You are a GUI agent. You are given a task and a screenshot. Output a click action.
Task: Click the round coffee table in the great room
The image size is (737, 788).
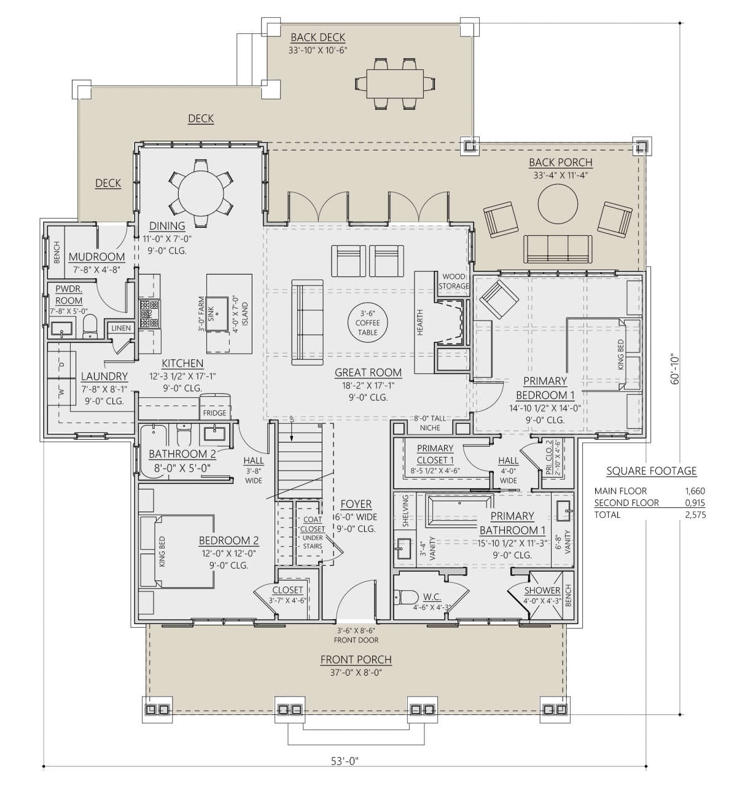pyautogui.click(x=367, y=322)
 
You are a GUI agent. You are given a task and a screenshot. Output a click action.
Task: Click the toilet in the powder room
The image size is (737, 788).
pyautogui.click(x=90, y=327)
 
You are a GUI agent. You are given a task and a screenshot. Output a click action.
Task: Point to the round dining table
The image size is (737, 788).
pyautogui.click(x=201, y=194)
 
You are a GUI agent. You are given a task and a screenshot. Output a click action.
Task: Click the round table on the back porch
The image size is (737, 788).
pyautogui.click(x=557, y=205)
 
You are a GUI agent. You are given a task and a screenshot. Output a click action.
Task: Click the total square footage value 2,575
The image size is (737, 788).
pyautogui.click(x=695, y=515)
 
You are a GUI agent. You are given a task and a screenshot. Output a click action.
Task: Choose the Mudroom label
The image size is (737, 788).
pyautogui.click(x=96, y=257)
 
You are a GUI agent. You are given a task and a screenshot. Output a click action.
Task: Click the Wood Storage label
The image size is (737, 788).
pyautogui.click(x=454, y=281)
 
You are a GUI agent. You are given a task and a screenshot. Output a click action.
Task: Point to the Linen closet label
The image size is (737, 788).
pyautogui.click(x=121, y=328)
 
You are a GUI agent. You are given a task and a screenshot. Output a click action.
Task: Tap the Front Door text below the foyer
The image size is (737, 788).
pyautogui.click(x=356, y=639)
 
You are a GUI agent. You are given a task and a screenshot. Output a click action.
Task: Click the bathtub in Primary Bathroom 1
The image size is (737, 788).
pyautogui.click(x=458, y=509)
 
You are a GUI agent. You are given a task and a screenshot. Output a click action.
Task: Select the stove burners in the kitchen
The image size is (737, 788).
pyautogui.click(x=150, y=313)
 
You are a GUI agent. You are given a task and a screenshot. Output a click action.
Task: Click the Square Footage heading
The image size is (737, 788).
pyautogui.click(x=651, y=471)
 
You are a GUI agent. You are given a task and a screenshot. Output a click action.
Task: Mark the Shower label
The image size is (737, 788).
pyautogui.click(x=542, y=590)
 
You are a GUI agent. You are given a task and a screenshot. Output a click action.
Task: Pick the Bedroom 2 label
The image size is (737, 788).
pyautogui.click(x=228, y=540)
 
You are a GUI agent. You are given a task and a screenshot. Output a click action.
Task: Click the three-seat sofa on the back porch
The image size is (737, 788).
pyautogui.click(x=558, y=249)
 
